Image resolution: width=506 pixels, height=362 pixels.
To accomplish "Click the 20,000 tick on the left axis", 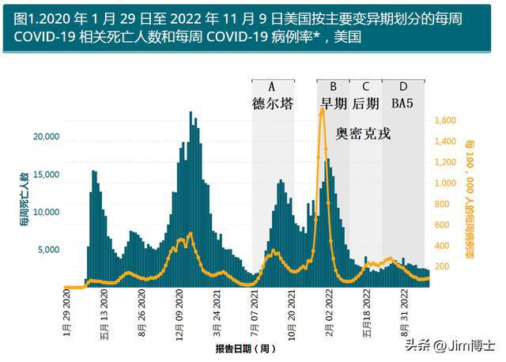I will point(46,137).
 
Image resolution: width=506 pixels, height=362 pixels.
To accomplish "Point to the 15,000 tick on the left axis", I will point(46,175).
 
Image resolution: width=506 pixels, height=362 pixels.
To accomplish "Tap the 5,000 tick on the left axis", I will point(48,250).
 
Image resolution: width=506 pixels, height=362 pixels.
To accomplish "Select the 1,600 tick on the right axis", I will point(446,120).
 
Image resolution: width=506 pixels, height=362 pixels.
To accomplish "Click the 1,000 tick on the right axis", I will point(446,183).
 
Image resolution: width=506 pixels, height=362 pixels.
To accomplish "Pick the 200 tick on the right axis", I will point(443,266).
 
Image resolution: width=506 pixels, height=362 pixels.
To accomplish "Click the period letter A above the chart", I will point(272,86).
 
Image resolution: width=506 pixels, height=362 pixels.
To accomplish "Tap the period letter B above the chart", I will point(333,86).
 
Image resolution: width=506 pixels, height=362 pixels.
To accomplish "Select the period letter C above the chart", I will point(365,86).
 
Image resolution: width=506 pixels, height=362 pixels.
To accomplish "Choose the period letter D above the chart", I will point(403,86).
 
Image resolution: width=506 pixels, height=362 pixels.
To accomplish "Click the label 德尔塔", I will point(273,104).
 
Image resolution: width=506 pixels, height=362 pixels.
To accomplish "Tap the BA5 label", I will point(403,104).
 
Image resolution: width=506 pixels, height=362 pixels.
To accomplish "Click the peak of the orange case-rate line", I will point(323,111).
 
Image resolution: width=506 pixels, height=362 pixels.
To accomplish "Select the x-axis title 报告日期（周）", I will point(246,348).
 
